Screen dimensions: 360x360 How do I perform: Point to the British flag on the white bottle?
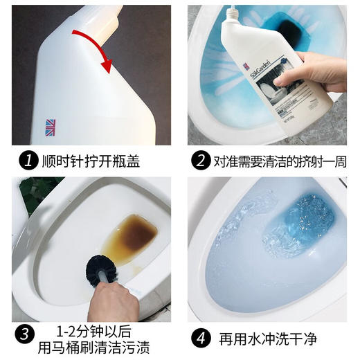pyautogui.click(x=51, y=127)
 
